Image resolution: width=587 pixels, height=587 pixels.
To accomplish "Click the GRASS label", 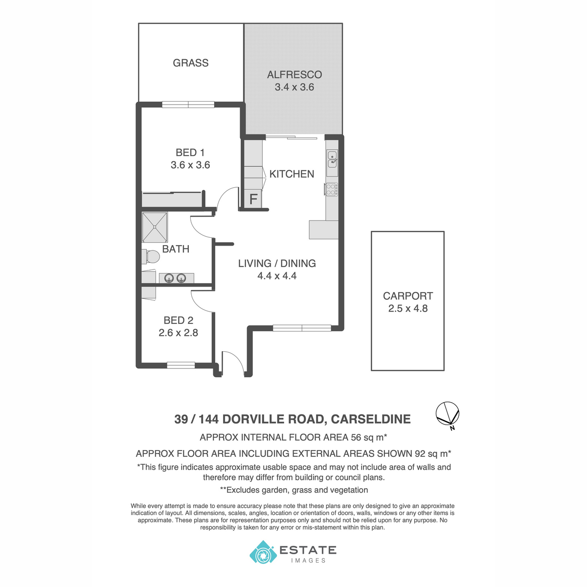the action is click(190, 63).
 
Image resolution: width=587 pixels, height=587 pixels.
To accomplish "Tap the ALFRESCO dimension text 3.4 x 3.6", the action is click(294, 87).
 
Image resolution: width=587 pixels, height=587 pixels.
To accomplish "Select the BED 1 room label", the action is click(190, 152).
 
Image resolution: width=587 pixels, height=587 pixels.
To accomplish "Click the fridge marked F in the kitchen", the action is click(253, 199).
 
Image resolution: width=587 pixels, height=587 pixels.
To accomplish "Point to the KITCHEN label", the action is click(292, 174).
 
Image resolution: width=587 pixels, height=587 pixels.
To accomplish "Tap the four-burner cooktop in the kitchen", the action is click(332, 189).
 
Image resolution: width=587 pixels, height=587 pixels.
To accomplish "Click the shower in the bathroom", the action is click(155, 227).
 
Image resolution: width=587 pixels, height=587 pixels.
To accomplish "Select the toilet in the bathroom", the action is click(151, 257).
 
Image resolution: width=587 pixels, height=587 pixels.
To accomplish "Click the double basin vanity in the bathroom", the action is click(177, 278).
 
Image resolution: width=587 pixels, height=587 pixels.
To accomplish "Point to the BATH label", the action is click(176, 249).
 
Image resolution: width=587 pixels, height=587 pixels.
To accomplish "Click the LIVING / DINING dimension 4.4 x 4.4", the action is click(277, 276).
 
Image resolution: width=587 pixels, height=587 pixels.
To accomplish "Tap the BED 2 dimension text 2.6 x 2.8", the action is click(178, 333).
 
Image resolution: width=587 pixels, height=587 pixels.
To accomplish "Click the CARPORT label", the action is click(407, 296).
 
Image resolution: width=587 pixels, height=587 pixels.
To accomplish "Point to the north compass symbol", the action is click(447, 415).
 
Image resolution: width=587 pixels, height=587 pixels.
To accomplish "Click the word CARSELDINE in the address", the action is click(370, 419).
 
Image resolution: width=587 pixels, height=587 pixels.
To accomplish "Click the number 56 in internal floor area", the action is click(356, 437).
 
